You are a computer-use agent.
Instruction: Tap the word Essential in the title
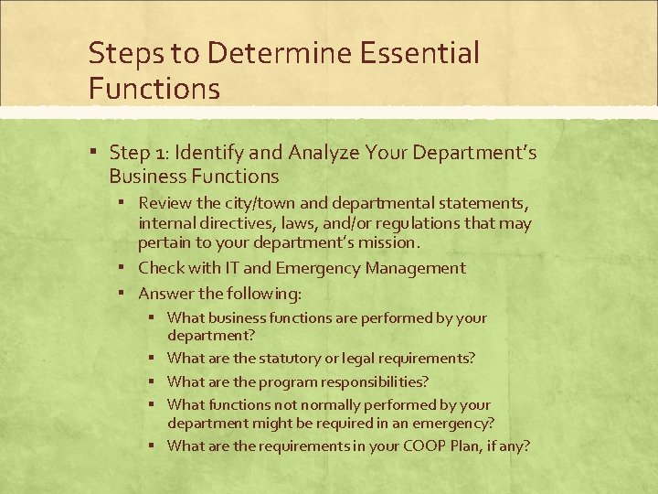coord(419,53)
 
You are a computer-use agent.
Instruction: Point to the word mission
coord(390,243)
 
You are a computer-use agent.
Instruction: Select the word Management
coord(415,268)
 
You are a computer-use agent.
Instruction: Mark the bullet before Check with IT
coord(124,268)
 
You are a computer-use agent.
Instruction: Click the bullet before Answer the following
coord(124,294)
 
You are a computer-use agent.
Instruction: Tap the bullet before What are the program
coord(154,381)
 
